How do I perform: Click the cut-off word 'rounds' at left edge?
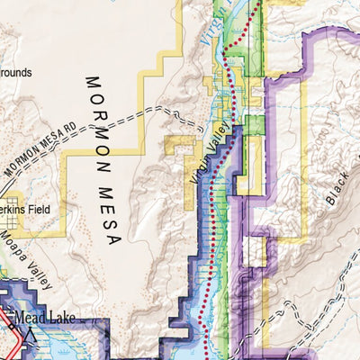click(x=15, y=71)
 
